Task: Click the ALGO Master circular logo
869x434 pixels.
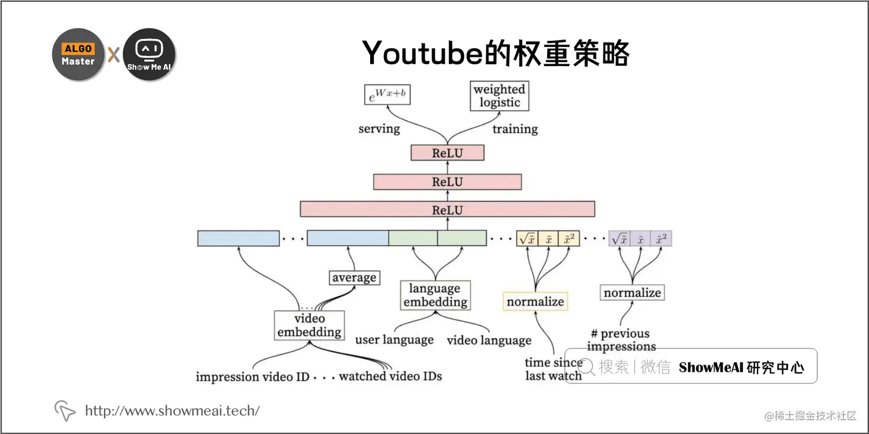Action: tap(78, 55)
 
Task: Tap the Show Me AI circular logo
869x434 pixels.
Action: tap(149, 55)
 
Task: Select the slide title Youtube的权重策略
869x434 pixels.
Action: tap(496, 53)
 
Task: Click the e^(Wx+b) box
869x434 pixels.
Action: tap(387, 94)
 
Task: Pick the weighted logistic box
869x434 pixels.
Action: tap(499, 96)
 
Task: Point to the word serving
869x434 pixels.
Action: tap(379, 129)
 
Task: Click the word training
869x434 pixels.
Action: tap(515, 129)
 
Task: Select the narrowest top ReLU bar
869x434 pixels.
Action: tap(447, 153)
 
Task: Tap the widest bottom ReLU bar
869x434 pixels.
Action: tap(447, 210)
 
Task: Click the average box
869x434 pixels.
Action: tap(354, 278)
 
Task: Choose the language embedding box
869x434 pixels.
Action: tap(434, 295)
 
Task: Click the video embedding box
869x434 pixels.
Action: tap(309, 325)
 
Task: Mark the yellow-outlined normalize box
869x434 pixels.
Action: tap(535, 301)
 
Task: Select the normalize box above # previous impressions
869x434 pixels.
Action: tap(632, 293)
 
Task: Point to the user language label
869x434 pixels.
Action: tap(394, 340)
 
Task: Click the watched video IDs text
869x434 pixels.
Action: tap(390, 377)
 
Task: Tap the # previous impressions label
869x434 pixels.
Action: tap(621, 340)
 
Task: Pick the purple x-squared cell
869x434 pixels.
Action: tap(661, 239)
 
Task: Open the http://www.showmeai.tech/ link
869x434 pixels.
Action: tap(172, 410)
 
